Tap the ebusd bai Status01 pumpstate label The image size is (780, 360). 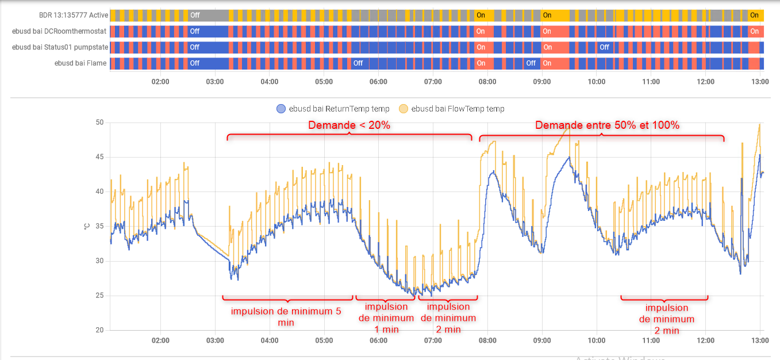[59, 47]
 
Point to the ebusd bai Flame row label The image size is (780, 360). [80, 63]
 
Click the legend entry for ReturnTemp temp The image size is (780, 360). [333, 109]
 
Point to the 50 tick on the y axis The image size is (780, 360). [99, 122]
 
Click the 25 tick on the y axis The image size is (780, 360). [99, 296]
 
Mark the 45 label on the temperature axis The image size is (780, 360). [99, 157]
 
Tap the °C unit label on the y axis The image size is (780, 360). [86, 226]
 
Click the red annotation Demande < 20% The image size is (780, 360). [349, 125]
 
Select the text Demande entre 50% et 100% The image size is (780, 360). [608, 125]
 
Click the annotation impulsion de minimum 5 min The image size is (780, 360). [286, 317]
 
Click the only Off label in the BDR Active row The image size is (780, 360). [195, 16]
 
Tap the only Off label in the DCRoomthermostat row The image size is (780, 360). [195, 31]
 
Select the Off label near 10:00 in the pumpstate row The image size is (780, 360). [604, 47]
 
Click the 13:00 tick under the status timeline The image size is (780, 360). [760, 82]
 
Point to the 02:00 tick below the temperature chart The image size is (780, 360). [160, 340]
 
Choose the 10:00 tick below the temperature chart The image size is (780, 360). [597, 340]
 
